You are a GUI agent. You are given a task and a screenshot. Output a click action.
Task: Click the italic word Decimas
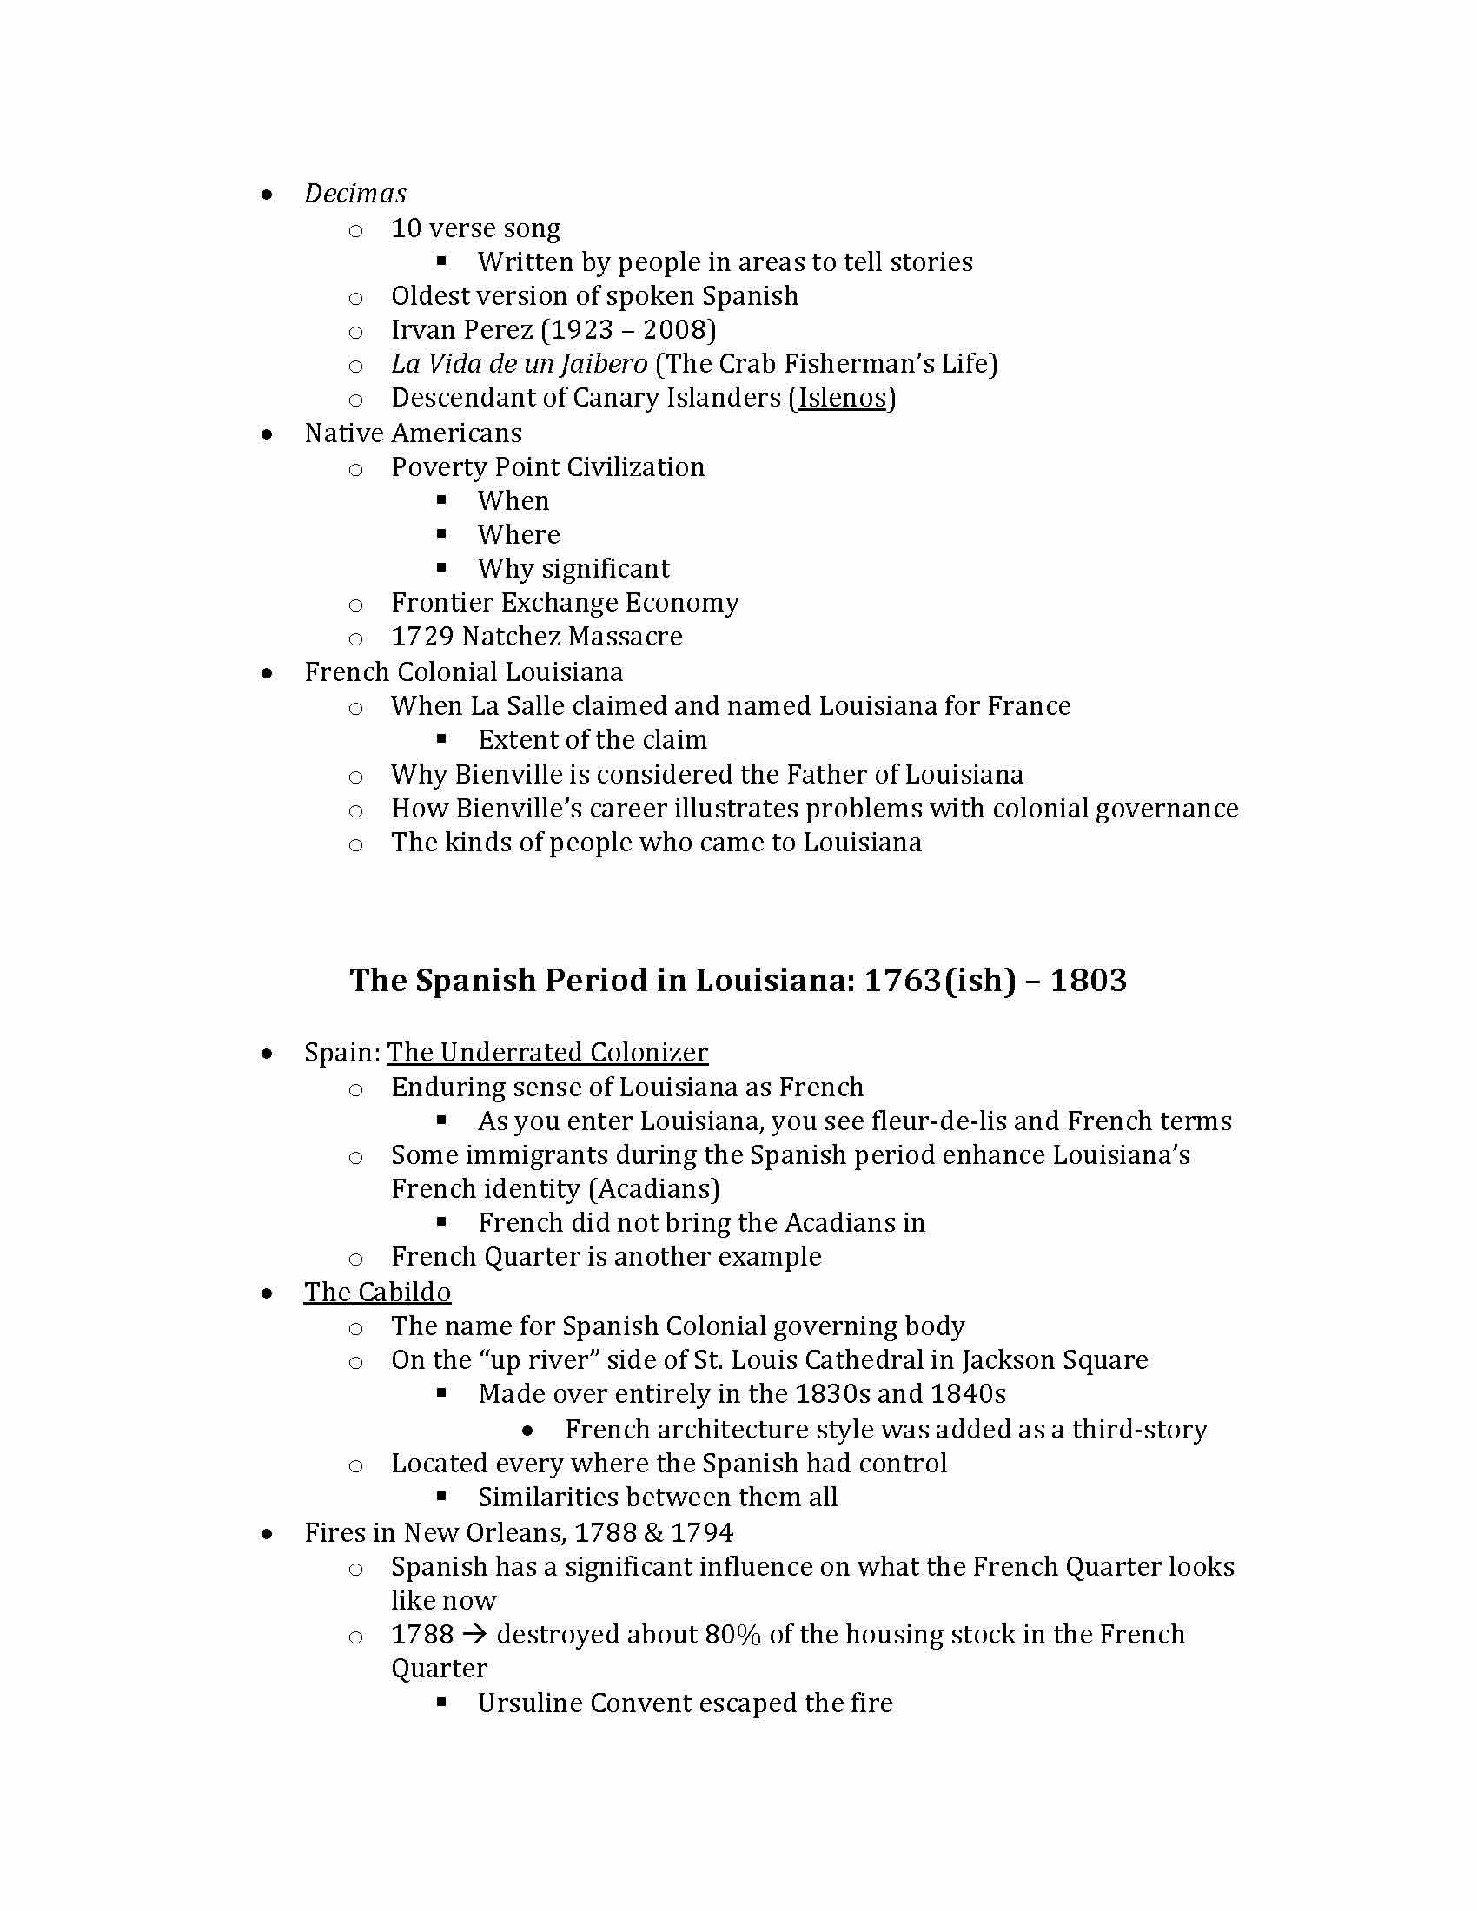pos(355,194)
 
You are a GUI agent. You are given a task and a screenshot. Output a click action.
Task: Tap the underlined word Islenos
pos(843,398)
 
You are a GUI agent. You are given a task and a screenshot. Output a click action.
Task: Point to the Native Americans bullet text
pos(413,433)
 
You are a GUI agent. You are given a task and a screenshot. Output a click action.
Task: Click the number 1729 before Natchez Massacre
pos(421,637)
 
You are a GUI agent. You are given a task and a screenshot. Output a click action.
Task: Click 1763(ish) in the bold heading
pos(940,980)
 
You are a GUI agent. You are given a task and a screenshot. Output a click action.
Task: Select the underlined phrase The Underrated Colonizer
pos(547,1053)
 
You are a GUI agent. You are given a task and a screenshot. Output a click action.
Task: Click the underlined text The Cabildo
pos(378,1293)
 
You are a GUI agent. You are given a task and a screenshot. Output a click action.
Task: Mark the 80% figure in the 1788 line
pos(732,1635)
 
